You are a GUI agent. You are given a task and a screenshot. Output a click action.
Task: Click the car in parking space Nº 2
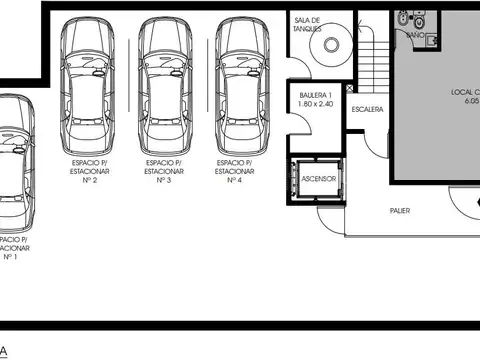tap(87, 84)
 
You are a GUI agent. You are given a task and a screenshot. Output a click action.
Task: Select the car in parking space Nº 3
tap(165, 84)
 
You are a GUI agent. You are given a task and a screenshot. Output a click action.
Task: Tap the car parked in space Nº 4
tap(243, 84)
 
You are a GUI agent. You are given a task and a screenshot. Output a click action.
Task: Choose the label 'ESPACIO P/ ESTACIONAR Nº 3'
tap(165, 171)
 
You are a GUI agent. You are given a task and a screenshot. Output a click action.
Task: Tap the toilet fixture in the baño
tap(420, 19)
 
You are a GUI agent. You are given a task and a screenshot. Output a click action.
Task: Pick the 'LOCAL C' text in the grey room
tap(464, 92)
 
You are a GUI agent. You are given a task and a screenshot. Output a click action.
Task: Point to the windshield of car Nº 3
tap(165, 62)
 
